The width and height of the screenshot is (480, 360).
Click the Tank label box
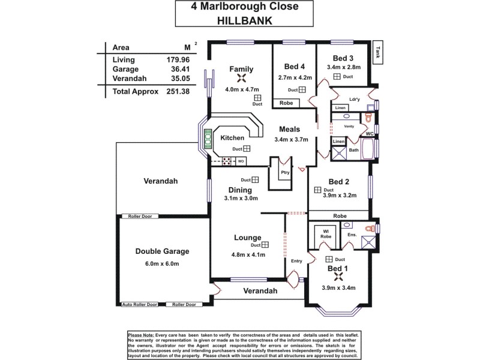coord(378,53)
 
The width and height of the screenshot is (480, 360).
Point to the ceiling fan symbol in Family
coord(241,79)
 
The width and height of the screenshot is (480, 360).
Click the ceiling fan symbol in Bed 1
coord(337,277)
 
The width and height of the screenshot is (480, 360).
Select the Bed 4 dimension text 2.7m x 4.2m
coord(295,77)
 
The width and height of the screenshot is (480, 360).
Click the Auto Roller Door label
coord(140,305)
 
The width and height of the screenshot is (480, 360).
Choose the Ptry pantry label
coord(285,172)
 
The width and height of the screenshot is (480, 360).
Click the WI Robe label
coord(326,234)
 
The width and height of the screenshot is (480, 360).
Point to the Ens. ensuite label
coord(352,235)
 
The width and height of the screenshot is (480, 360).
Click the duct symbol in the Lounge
coord(265,245)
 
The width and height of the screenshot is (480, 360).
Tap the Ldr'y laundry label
coord(354,99)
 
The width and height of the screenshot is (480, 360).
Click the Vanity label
coord(349,127)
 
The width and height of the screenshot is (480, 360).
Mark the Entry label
coord(296,261)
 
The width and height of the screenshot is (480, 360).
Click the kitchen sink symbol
coord(208,140)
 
